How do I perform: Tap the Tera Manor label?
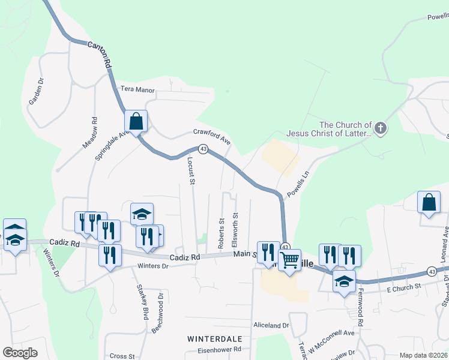(137, 90)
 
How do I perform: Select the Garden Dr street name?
(37, 92)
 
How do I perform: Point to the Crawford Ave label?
(212, 136)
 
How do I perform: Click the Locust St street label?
(192, 170)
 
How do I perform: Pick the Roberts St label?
(221, 233)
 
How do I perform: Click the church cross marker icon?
(381, 128)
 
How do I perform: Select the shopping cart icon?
(289, 260)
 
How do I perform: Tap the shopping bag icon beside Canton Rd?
(136, 121)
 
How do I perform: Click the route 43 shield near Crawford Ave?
(203, 149)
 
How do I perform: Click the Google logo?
(20, 353)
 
